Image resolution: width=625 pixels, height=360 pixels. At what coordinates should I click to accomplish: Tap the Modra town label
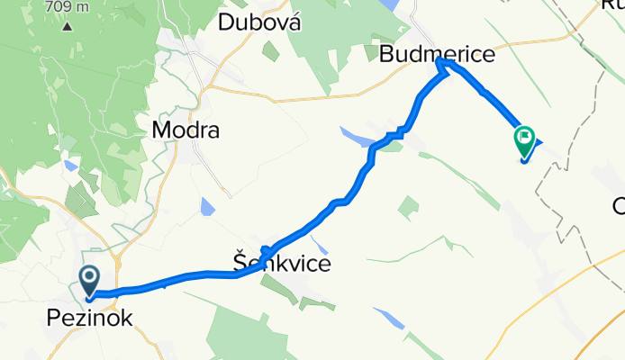click(186, 130)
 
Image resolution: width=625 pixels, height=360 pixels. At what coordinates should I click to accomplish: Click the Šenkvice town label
click(281, 265)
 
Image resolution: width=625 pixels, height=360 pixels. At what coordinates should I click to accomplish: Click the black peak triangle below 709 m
click(68, 24)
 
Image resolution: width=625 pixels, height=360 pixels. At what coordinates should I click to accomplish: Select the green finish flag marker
click(524, 140)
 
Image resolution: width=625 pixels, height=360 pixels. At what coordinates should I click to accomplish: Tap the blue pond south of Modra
click(207, 208)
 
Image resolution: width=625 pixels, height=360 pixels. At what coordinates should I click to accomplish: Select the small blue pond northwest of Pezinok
click(70, 166)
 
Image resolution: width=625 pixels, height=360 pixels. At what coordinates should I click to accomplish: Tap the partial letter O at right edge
click(619, 207)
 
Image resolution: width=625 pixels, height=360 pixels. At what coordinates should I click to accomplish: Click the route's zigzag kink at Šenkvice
click(266, 248)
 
